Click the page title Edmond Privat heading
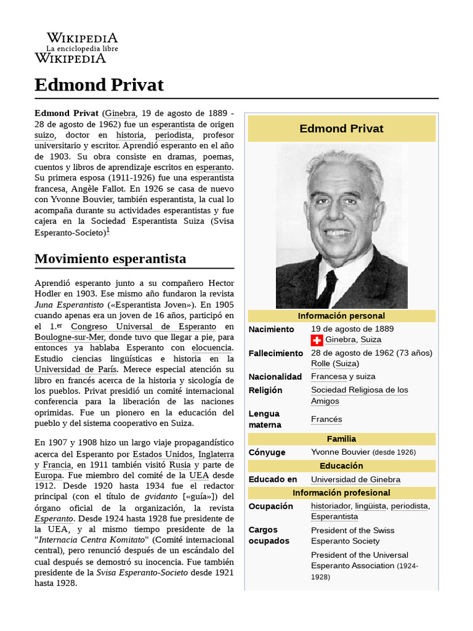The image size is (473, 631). pyautogui.click(x=99, y=84)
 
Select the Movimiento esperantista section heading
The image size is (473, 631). pyautogui.click(x=110, y=258)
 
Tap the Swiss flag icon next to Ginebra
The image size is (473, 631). pyautogui.click(x=317, y=340)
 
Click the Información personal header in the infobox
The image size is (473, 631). pyautogui.click(x=341, y=316)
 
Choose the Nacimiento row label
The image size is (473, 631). pyautogui.click(x=271, y=329)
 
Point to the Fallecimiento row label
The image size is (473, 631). pyautogui.click(x=276, y=353)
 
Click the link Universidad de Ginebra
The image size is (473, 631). pyautogui.click(x=355, y=479)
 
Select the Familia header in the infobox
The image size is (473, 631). pyautogui.click(x=341, y=439)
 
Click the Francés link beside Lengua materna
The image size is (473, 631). pyautogui.click(x=326, y=419)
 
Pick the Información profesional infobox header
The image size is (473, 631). pyautogui.click(x=341, y=493)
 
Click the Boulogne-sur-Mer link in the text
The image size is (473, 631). pyautogui.click(x=70, y=337)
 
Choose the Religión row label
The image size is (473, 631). pyautogui.click(x=265, y=390)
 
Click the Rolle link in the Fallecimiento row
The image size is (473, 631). pyautogui.click(x=320, y=364)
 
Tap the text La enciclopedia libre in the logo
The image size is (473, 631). pyautogui.click(x=82, y=49)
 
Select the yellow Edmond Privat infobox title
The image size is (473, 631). pyautogui.click(x=341, y=129)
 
